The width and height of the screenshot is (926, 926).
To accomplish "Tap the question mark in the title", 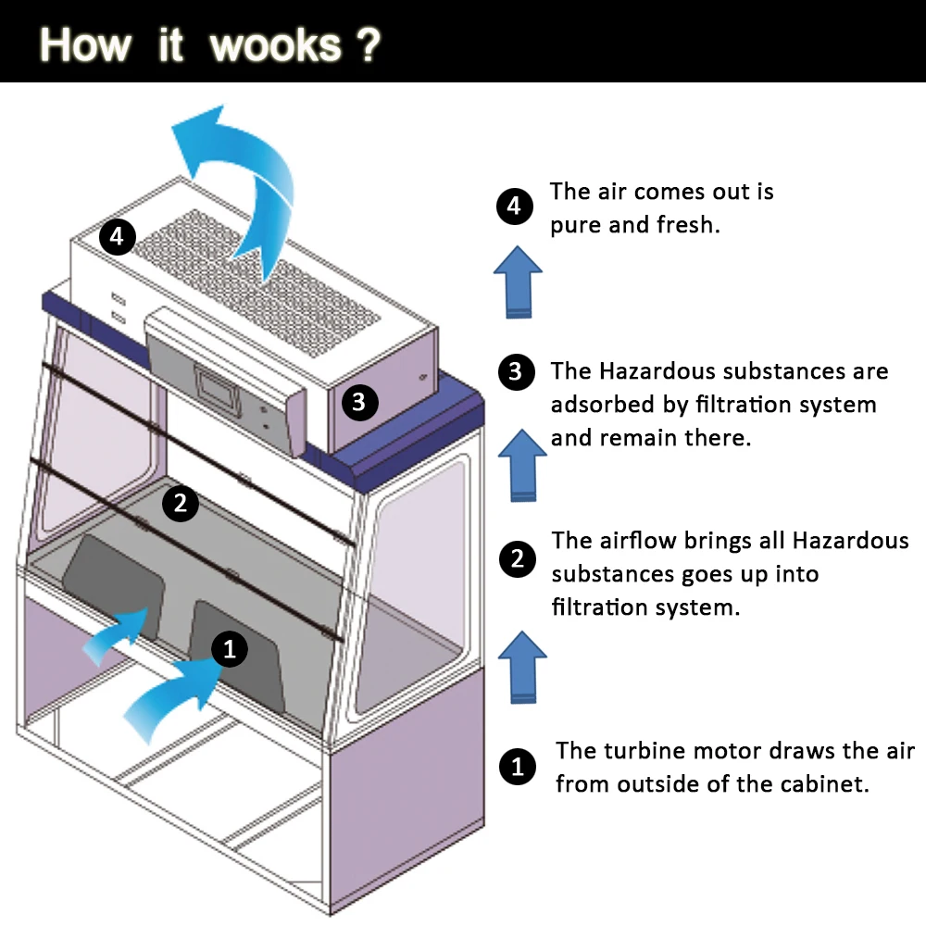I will [x=368, y=44].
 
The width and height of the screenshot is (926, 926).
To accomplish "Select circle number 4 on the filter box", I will [x=117, y=237].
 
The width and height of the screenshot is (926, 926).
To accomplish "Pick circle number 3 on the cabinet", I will [x=359, y=402].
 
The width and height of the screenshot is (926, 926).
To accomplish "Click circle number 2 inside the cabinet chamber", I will [x=181, y=503].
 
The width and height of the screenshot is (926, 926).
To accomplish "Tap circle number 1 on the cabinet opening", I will [x=231, y=649].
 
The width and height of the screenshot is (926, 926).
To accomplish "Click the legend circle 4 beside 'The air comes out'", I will [x=514, y=206].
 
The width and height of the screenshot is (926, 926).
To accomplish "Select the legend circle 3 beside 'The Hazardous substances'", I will [x=516, y=372].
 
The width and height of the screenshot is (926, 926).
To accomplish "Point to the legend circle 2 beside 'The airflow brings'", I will [x=517, y=558].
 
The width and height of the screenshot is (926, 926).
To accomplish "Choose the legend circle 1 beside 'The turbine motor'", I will [x=517, y=767].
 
